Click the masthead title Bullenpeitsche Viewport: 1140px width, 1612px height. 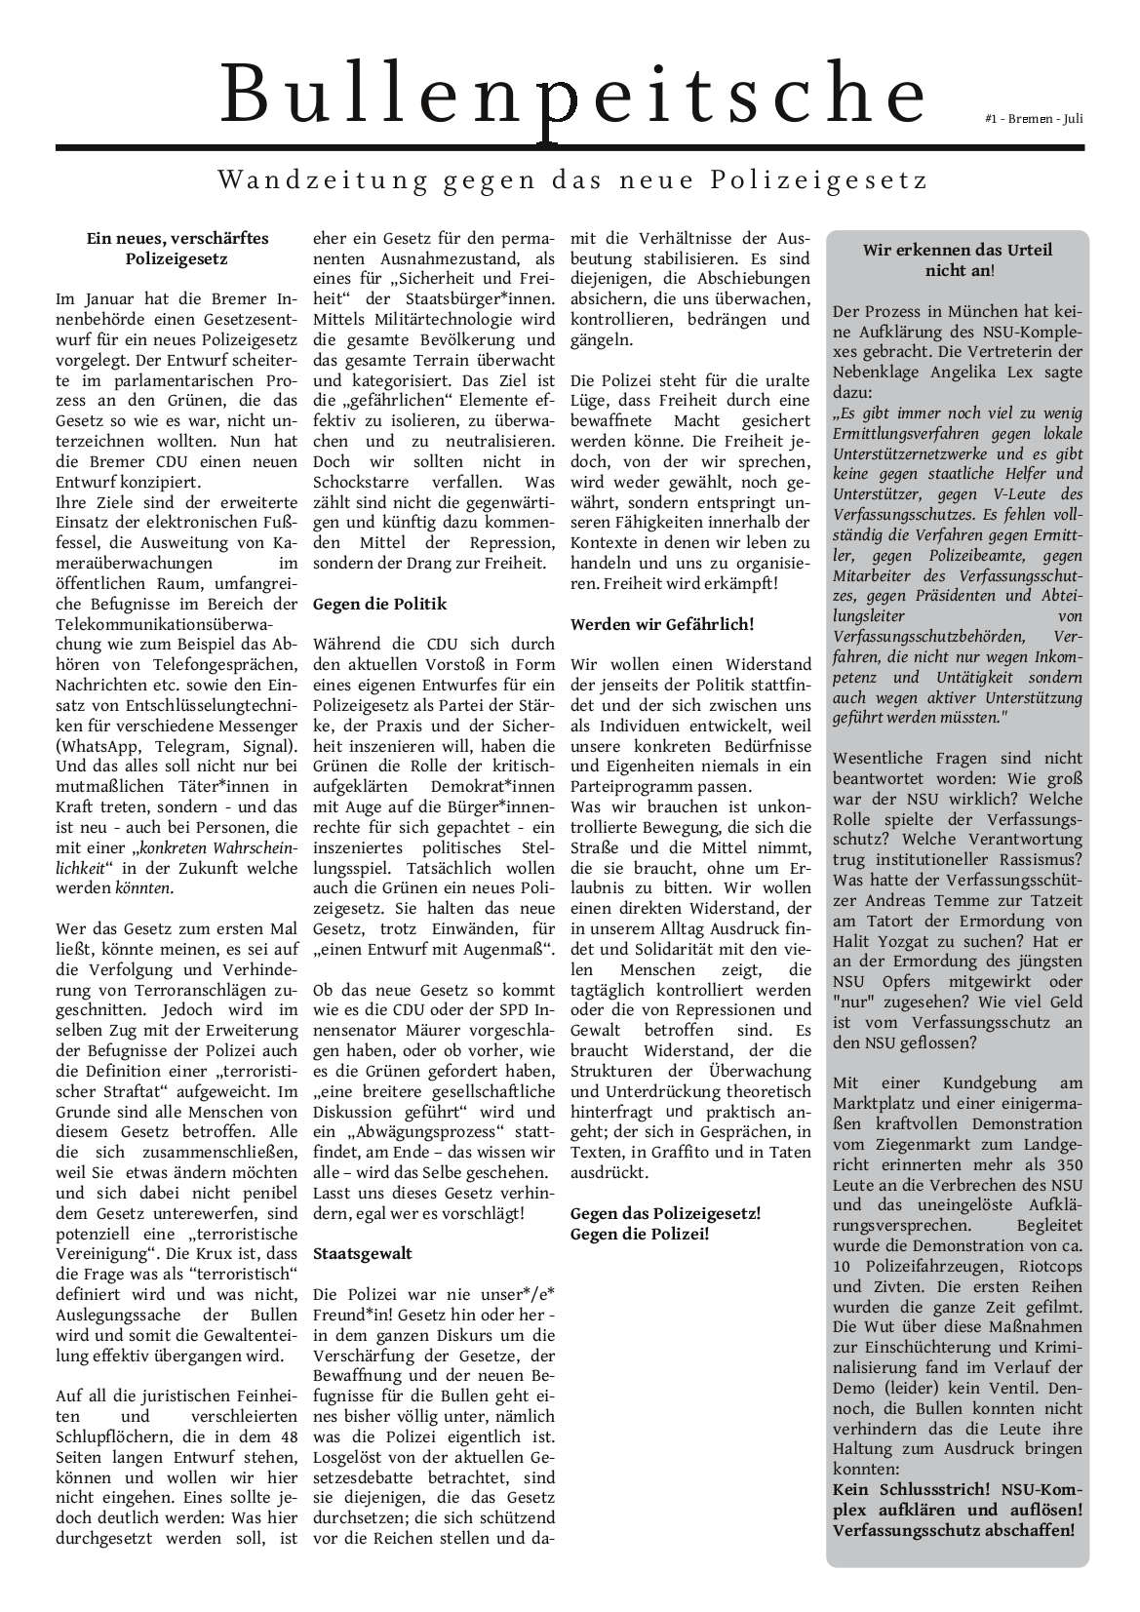click(x=573, y=94)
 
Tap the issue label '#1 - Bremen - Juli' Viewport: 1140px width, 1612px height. click(x=1034, y=119)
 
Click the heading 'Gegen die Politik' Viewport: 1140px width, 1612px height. click(x=379, y=604)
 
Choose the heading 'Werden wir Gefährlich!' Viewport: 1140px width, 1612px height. click(x=662, y=624)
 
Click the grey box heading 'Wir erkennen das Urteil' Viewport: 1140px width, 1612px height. click(x=957, y=250)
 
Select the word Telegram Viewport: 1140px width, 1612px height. click(x=196, y=746)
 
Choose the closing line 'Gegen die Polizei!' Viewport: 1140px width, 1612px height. click(x=640, y=1234)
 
